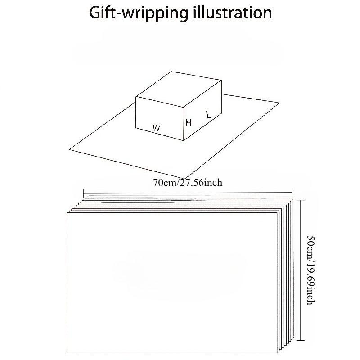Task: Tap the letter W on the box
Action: tap(157, 128)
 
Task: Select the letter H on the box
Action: tap(189, 122)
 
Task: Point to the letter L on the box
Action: tap(208, 115)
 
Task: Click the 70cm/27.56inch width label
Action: tap(188, 183)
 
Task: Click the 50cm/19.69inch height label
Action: tap(311, 270)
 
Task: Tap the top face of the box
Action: tap(179, 89)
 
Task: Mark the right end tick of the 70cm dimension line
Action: tap(292, 193)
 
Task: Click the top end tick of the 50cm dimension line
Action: tap(301, 200)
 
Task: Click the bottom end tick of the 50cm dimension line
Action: tap(301, 341)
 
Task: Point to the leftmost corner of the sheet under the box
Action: tap(69, 150)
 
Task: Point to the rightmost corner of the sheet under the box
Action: tap(279, 103)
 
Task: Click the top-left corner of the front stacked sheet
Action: tap(67, 213)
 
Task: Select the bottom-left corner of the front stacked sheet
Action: tap(67, 353)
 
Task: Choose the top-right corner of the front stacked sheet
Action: tap(277, 213)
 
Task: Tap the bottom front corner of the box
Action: tap(184, 140)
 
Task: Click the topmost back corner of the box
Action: tap(171, 72)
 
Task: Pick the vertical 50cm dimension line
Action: tap(301, 270)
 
